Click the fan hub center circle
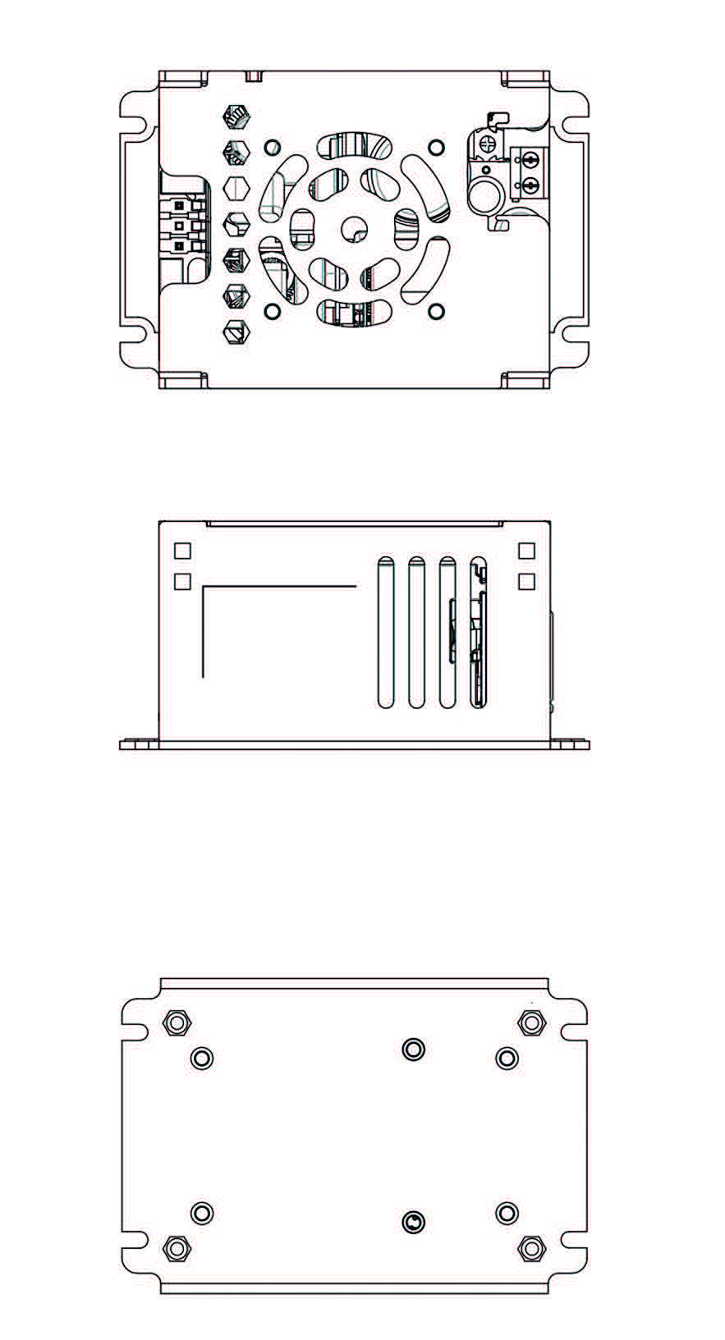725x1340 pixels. pyautogui.click(x=355, y=229)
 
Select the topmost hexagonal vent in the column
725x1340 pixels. pyautogui.click(x=236, y=117)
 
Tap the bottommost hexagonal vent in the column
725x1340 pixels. pyautogui.click(x=236, y=333)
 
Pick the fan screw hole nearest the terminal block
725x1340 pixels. pyautogui.click(x=437, y=147)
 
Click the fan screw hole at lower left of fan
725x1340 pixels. pyautogui.click(x=273, y=311)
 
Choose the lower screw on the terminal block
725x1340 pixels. pyautogui.click(x=530, y=185)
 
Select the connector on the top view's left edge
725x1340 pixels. pyautogui.click(x=180, y=226)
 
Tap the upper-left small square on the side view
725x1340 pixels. pyautogui.click(x=182, y=550)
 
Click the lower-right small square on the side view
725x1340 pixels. pyautogui.click(x=527, y=581)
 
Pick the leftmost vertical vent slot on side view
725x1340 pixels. pyautogui.click(x=384, y=633)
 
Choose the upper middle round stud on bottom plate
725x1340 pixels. pyautogui.click(x=414, y=1049)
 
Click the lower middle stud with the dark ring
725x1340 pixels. pyautogui.click(x=414, y=1223)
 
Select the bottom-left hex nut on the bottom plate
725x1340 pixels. pyautogui.click(x=176, y=1248)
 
